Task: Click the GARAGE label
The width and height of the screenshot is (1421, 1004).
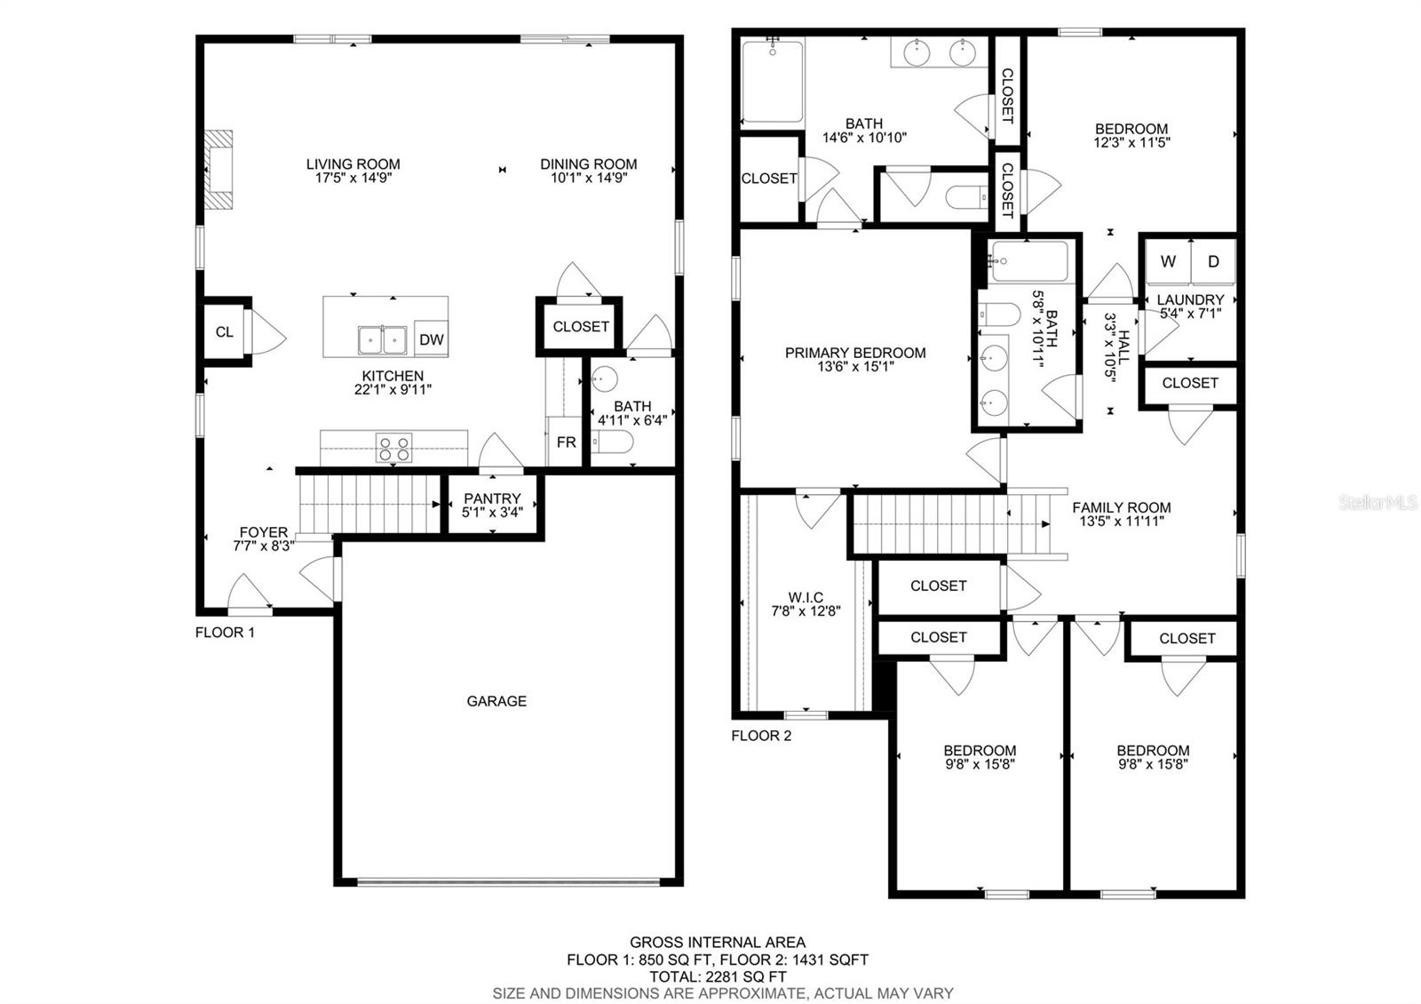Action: click(x=496, y=701)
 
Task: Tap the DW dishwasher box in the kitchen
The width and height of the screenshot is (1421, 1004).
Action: click(x=432, y=339)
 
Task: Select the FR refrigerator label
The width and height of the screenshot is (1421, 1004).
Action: click(x=566, y=442)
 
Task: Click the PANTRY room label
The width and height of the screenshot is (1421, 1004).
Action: click(x=492, y=498)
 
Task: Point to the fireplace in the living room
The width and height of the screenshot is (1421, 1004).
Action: click(x=218, y=170)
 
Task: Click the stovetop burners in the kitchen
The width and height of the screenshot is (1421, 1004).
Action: click(x=393, y=448)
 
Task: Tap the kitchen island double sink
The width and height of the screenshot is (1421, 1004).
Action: click(x=382, y=340)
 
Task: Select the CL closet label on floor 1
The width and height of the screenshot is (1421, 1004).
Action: click(x=224, y=332)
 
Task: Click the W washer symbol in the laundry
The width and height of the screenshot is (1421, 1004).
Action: click(x=1168, y=261)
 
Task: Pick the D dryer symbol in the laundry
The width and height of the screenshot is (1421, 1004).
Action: click(x=1213, y=261)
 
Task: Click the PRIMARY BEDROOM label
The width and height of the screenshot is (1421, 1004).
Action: click(x=855, y=353)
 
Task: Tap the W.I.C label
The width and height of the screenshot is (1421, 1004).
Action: click(x=806, y=597)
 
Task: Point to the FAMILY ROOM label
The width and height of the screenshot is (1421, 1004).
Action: click(x=1122, y=507)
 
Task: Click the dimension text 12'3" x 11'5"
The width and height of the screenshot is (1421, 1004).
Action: click(x=1131, y=143)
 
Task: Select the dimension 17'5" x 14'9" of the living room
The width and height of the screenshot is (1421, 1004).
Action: click(x=353, y=178)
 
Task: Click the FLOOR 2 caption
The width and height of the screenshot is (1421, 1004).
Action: click(x=761, y=737)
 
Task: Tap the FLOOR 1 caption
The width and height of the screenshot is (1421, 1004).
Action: click(x=225, y=633)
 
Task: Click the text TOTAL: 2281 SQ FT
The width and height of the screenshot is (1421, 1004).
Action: click(x=718, y=976)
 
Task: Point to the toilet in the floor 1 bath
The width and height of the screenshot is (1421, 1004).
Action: click(x=612, y=442)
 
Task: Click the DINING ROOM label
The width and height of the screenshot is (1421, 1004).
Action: click(x=589, y=163)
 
